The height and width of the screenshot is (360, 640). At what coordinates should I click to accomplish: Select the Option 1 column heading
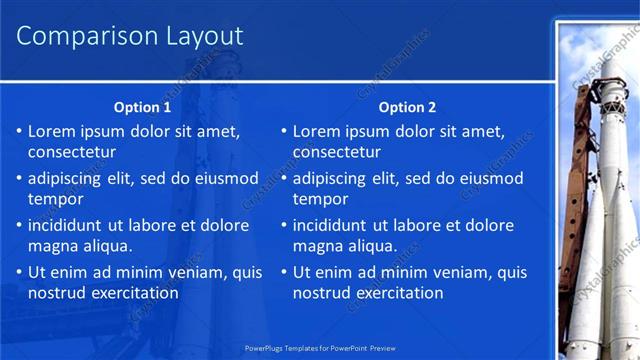point(142,107)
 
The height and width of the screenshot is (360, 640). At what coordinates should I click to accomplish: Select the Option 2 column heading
point(408,107)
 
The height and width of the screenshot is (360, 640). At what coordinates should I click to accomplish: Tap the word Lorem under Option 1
point(50,131)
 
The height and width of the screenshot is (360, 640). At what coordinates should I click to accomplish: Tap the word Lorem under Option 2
point(315,131)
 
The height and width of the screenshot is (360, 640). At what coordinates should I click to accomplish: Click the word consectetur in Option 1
point(72,153)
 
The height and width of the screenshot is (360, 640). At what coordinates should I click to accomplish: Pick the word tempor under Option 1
point(54,200)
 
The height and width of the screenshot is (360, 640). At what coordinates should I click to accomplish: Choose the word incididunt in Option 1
point(70,225)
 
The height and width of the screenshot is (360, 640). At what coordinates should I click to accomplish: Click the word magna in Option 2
point(318,246)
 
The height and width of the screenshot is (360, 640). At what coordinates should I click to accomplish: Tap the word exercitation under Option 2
point(397,293)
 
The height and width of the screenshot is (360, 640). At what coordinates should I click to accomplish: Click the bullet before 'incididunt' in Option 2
point(283,225)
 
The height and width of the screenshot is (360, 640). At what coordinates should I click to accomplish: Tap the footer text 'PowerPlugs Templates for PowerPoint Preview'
point(320,348)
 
